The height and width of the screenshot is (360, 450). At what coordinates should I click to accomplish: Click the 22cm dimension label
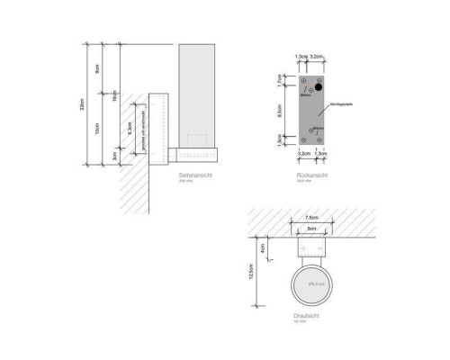83,106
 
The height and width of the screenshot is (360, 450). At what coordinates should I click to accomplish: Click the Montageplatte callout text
342,105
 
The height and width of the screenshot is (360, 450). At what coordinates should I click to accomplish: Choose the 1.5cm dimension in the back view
282,140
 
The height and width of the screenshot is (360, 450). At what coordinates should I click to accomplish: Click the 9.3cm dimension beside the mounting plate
282,113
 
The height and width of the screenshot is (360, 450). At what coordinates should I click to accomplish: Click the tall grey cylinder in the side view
197,90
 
